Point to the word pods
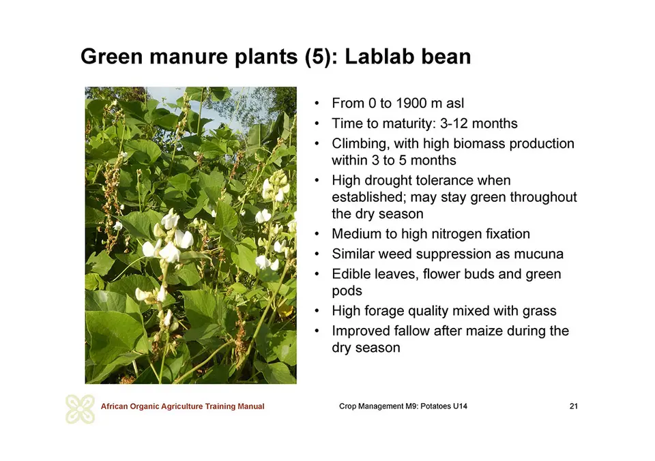pos(347,291)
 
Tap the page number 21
pos(574,406)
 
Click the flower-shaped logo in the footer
pos(81,408)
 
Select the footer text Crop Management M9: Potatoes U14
pos(403,406)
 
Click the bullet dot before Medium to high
pos(317,234)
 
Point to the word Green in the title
pos(111,57)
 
